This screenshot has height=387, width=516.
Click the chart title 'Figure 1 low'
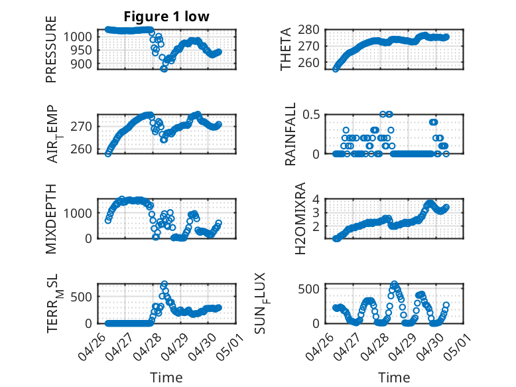point(166,17)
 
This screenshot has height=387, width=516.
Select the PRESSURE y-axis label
point(51,49)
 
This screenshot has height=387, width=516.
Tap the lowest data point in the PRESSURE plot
point(164,69)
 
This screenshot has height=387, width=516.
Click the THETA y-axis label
point(286,49)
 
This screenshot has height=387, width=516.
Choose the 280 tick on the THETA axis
point(308,30)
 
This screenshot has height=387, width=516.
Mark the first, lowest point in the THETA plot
point(336,69)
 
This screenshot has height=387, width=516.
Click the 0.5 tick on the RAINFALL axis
point(311,115)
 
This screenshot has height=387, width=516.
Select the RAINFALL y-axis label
point(290,134)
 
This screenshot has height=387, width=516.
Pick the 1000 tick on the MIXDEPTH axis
point(78,213)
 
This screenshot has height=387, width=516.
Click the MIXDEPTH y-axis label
point(51,219)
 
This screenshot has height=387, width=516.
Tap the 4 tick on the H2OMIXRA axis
point(316,199)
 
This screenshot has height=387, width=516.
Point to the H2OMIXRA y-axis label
point(300,218)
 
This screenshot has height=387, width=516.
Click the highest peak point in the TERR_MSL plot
point(164,284)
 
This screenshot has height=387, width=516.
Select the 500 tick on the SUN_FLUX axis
point(308,289)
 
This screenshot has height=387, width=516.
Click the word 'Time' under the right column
point(394,378)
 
